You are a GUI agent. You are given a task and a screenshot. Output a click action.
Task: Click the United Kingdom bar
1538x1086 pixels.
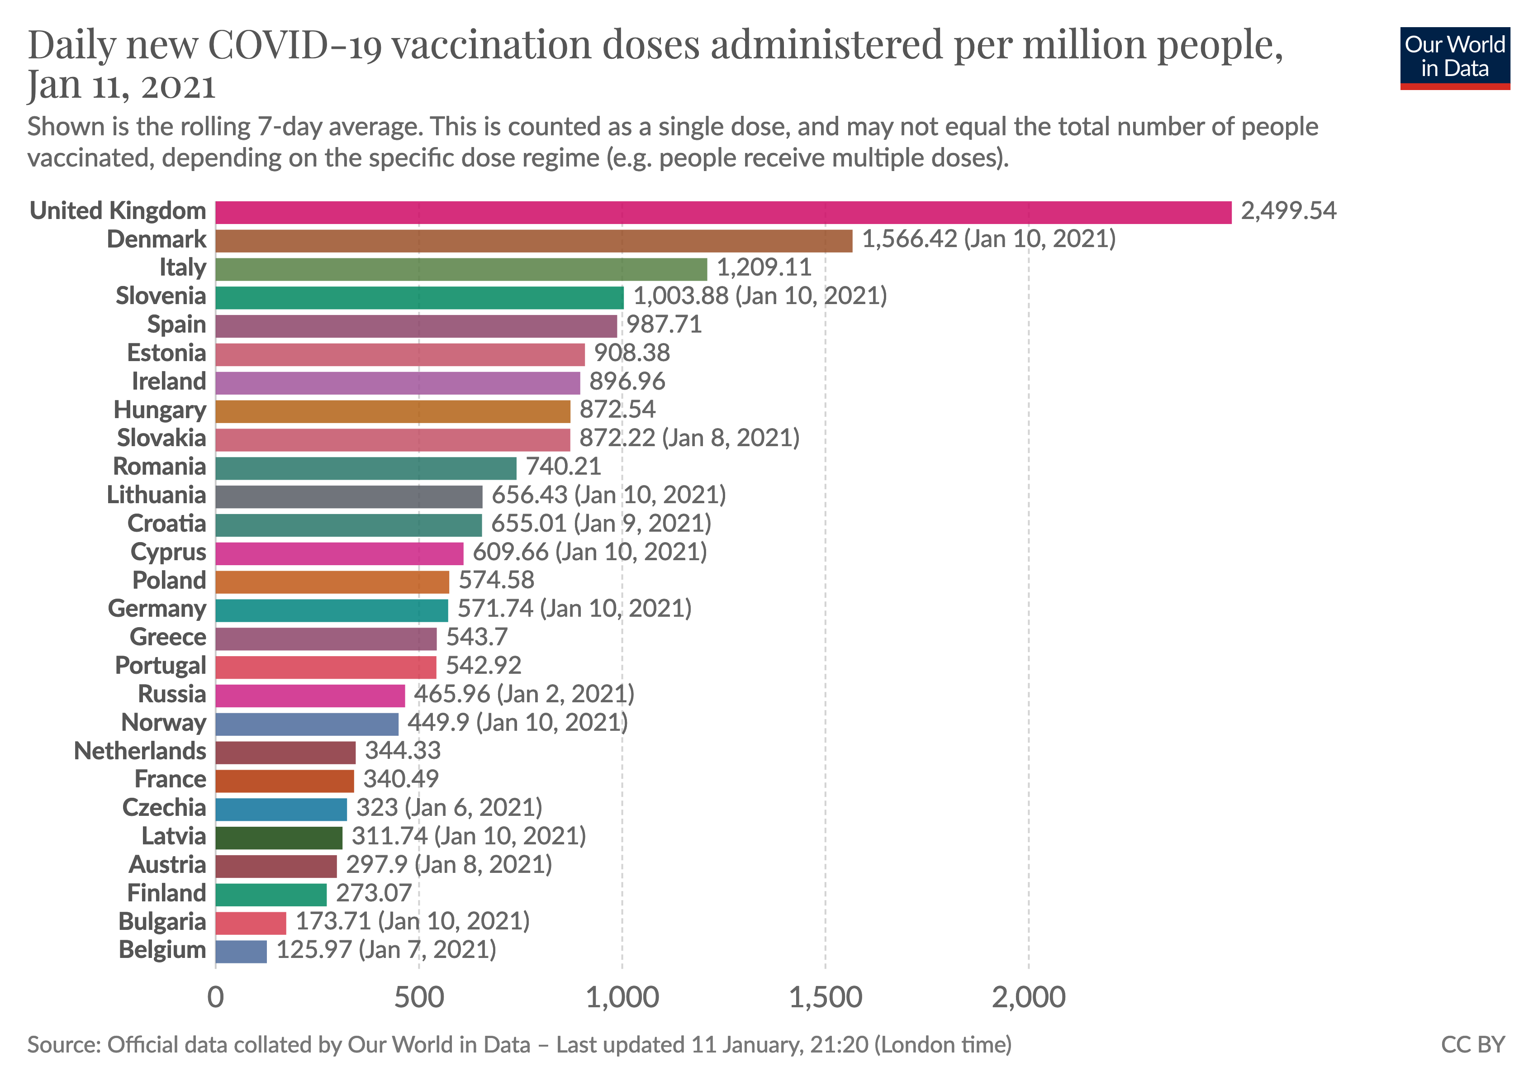tap(723, 212)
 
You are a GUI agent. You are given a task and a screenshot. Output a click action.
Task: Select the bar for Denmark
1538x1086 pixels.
tap(533, 241)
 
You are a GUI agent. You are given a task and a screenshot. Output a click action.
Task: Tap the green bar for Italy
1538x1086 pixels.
tap(461, 269)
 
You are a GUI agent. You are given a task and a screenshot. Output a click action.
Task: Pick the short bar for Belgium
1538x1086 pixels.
tap(241, 951)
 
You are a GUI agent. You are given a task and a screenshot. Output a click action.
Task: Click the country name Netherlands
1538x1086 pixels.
tap(140, 751)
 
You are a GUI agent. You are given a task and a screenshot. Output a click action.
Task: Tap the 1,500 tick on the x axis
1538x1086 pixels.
tap(825, 998)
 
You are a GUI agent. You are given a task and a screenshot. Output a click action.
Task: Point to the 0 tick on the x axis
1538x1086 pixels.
tap(216, 998)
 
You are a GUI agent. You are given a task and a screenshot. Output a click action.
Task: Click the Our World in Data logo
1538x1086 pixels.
tap(1454, 57)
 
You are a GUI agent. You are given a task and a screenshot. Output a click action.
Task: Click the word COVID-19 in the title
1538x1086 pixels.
tap(295, 46)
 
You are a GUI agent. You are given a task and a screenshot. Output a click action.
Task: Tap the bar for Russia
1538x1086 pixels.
tap(310, 695)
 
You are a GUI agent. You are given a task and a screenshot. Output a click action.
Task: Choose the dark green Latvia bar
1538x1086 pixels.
tap(279, 838)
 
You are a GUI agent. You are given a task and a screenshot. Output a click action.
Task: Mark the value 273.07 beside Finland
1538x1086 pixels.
tap(374, 893)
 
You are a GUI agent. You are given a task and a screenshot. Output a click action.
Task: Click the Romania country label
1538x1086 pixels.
tap(159, 467)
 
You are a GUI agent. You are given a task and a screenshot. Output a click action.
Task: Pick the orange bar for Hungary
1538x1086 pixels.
tap(393, 411)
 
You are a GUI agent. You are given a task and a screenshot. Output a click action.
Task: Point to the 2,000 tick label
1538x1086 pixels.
tap(1028, 998)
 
